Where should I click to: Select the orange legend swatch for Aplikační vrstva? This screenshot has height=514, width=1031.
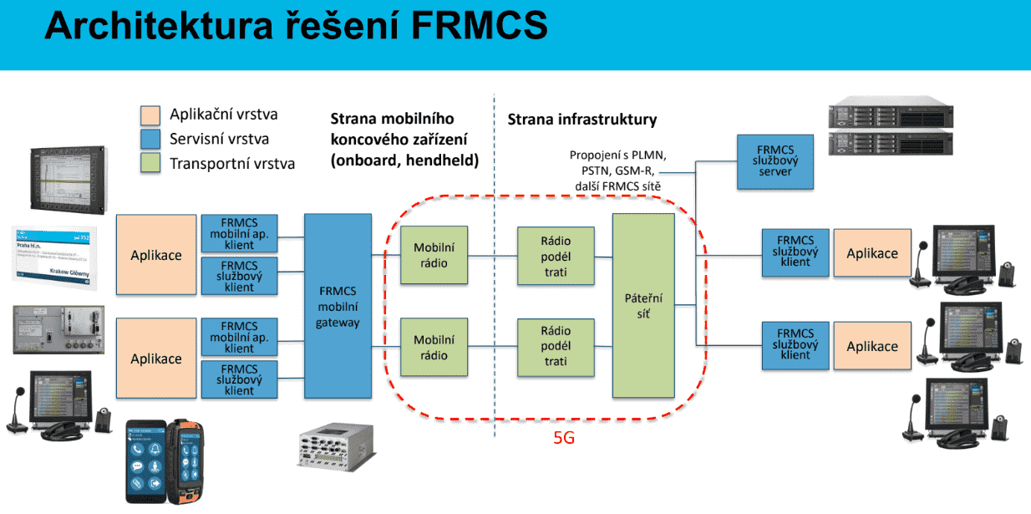click(x=151, y=115)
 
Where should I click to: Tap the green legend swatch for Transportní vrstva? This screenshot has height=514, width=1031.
click(x=151, y=163)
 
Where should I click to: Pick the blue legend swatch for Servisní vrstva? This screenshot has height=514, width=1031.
click(x=151, y=139)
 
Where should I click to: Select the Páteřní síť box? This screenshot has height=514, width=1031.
click(x=642, y=306)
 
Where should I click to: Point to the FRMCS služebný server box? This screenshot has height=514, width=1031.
click(x=776, y=160)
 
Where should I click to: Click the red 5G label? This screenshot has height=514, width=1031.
click(x=564, y=437)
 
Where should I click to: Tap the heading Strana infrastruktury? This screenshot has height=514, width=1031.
click(x=582, y=120)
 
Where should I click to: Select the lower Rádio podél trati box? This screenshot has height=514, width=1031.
click(x=554, y=346)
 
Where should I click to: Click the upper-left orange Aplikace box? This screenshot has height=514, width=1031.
click(x=155, y=255)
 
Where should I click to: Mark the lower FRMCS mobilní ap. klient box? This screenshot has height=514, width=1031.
click(x=239, y=337)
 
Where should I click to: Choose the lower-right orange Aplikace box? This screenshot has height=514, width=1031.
click(x=872, y=346)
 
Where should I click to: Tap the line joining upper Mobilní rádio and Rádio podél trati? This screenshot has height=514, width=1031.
click(x=493, y=256)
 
